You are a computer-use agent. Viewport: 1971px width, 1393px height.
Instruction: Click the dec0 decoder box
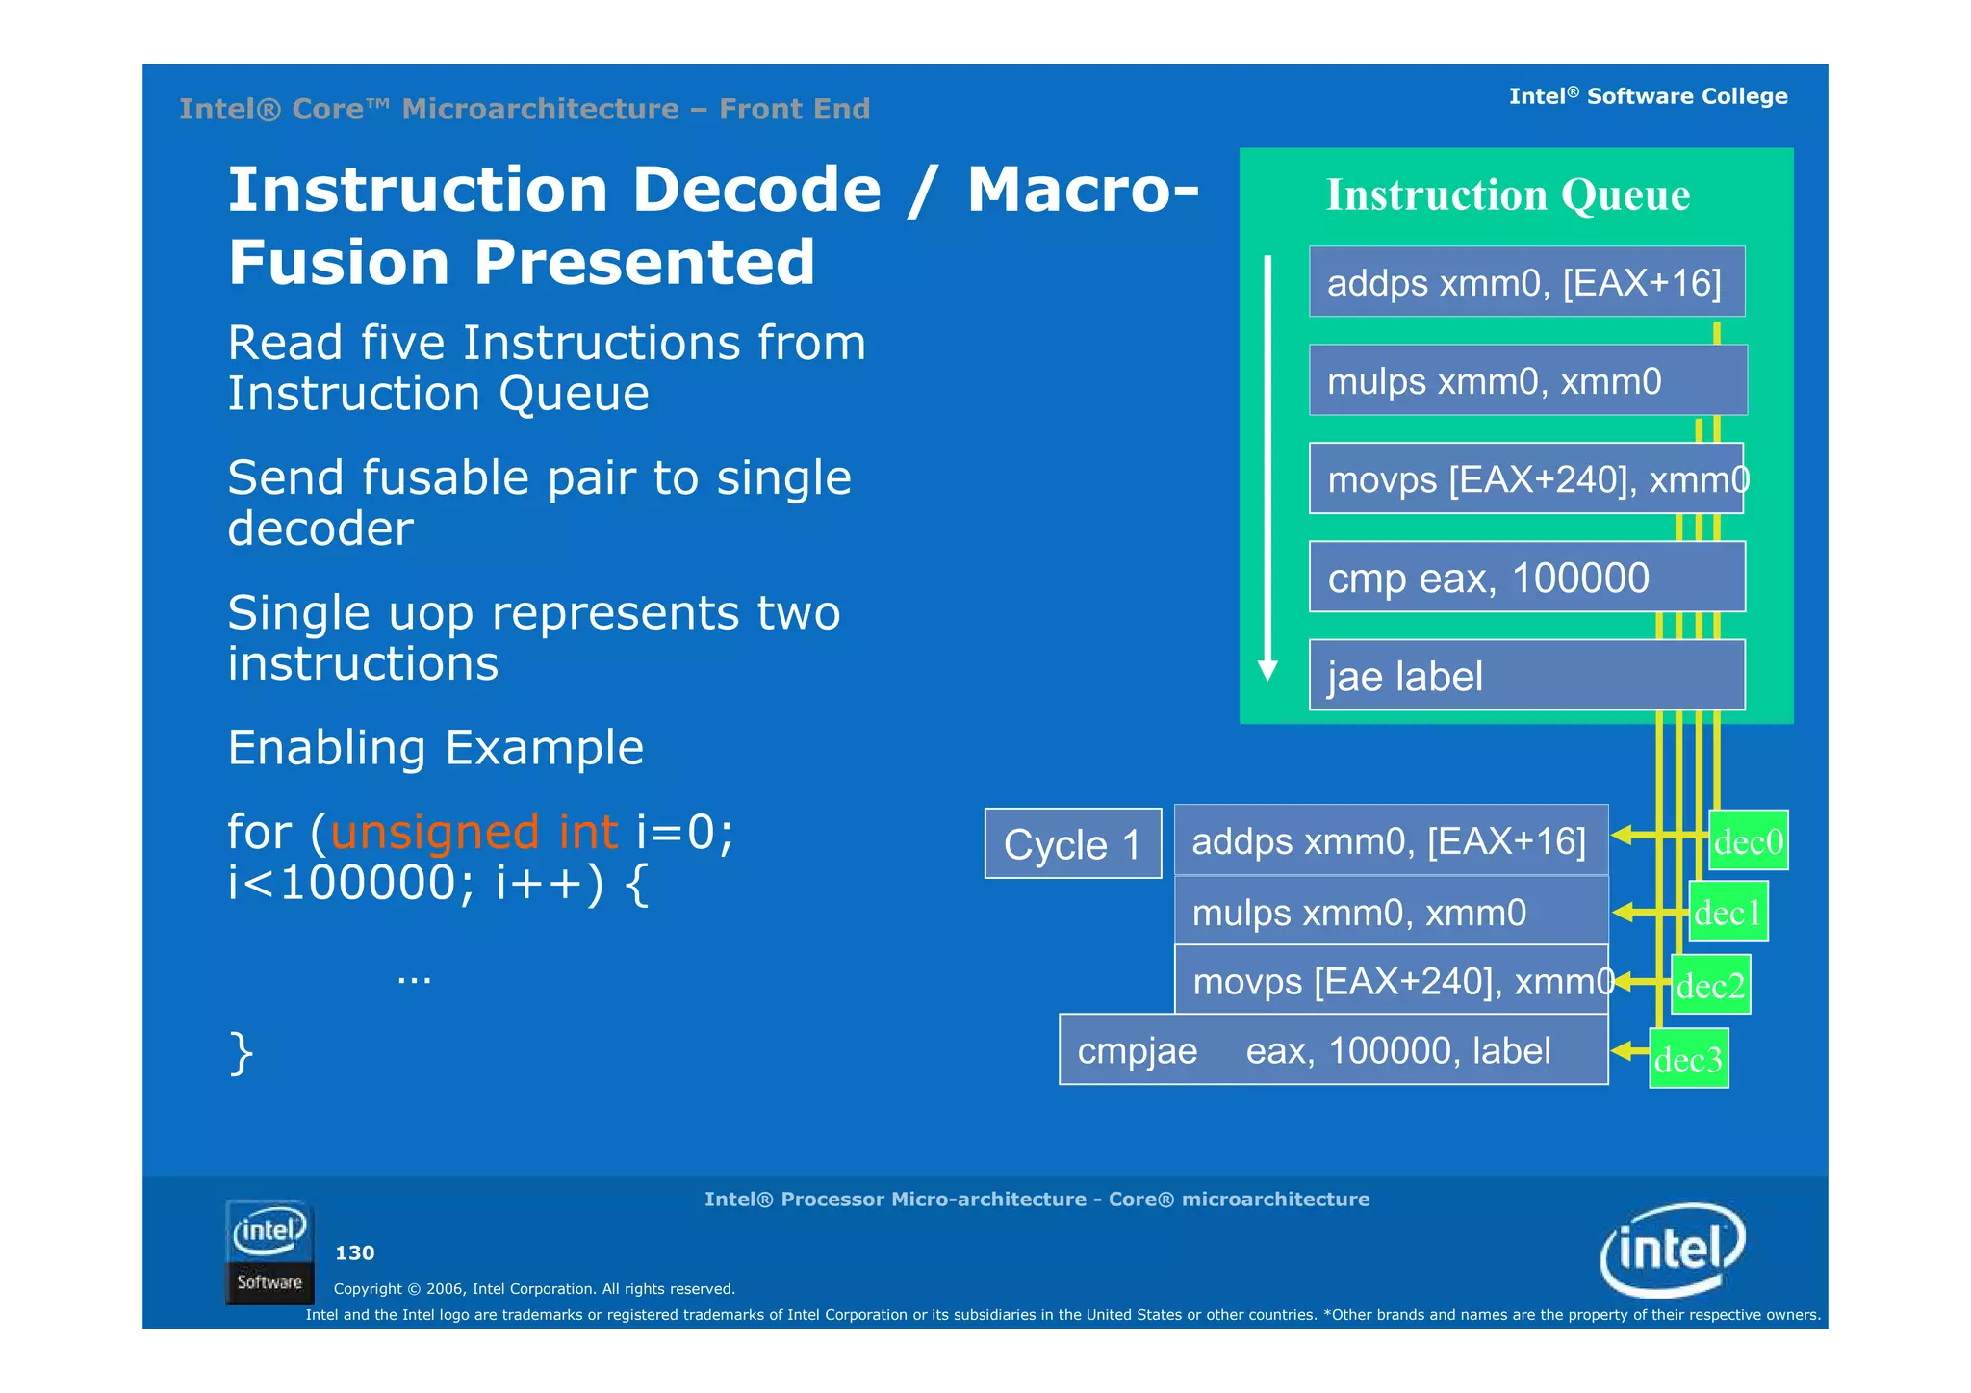tap(1749, 840)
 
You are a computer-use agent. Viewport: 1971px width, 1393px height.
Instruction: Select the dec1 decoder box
tap(1728, 912)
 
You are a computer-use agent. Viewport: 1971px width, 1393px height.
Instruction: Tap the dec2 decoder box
tap(1710, 985)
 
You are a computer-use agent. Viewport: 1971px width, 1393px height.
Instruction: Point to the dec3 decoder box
tap(1688, 1059)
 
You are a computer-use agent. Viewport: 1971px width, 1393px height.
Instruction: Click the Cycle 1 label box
tap(1072, 844)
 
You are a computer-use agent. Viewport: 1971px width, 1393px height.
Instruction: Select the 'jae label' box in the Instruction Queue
tap(1526, 675)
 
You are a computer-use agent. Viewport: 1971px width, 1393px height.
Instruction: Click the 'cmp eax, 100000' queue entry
tap(1526, 577)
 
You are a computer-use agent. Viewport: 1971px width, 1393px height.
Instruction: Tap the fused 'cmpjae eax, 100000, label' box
tap(1333, 1049)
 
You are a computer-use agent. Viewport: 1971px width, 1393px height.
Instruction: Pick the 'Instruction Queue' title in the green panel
tap(1507, 194)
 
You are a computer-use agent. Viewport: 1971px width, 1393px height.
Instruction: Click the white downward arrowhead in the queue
tap(1268, 670)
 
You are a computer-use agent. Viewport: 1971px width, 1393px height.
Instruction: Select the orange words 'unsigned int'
tap(474, 832)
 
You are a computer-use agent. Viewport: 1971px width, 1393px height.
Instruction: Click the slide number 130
tap(354, 1252)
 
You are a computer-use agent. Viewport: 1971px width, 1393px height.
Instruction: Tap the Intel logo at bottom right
tap(1672, 1250)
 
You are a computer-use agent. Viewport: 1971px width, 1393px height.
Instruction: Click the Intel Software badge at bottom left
tap(269, 1251)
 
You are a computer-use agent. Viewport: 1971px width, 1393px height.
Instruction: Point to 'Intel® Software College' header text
tap(1648, 96)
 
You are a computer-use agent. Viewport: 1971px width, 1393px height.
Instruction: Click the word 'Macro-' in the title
tap(1083, 190)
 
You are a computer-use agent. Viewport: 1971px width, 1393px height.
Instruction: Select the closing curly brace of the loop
tap(241, 1052)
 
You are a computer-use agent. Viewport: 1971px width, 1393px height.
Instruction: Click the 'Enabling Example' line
tap(435, 748)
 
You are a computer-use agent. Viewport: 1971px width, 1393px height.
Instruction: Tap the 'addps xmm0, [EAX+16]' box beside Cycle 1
tap(1391, 840)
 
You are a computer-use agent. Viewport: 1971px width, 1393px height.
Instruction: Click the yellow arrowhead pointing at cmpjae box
tap(1622, 1050)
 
